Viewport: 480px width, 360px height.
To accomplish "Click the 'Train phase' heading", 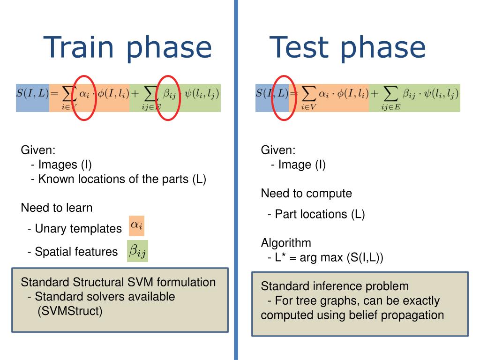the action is (x=127, y=47).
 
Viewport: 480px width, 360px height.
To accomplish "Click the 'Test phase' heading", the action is (x=347, y=47).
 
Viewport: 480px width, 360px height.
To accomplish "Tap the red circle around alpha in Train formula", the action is (x=84, y=97).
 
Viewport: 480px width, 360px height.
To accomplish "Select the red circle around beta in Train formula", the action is (x=168, y=97).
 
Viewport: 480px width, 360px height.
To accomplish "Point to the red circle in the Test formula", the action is (x=283, y=97).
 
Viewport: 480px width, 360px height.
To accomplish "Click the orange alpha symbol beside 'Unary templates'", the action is (x=137, y=225).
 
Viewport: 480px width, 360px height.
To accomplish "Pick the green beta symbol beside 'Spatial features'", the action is (x=138, y=251).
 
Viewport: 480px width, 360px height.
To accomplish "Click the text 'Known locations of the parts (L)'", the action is (x=122, y=179).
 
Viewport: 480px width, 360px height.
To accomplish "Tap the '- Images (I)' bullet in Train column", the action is (x=61, y=165).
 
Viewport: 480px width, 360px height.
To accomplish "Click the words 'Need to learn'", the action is (x=57, y=208).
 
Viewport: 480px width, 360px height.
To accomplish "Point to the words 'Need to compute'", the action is (x=306, y=193).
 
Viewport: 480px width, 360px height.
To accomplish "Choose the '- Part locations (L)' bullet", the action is (x=316, y=214).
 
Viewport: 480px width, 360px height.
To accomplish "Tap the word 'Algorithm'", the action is (x=286, y=243).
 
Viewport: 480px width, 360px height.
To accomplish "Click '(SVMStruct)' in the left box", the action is (x=70, y=311).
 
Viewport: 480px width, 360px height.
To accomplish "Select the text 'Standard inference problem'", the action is (x=335, y=286).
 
